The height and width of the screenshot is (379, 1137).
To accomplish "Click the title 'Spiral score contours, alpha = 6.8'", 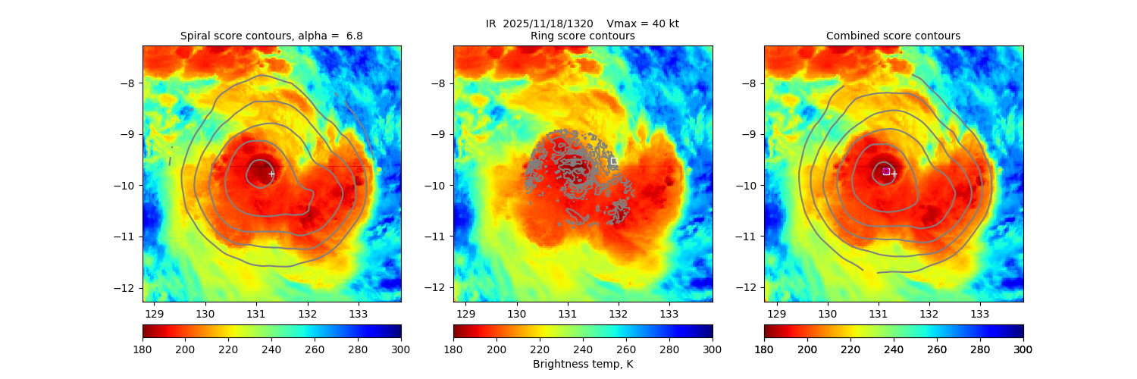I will click(x=272, y=36).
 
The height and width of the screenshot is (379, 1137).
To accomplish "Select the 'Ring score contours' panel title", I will click(x=583, y=36).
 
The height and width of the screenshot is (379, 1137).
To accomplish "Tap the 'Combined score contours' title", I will click(x=893, y=36).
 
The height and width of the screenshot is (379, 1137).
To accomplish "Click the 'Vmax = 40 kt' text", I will click(x=643, y=23).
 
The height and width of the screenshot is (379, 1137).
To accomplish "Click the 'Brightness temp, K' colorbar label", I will click(x=583, y=364).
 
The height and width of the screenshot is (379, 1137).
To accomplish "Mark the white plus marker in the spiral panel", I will click(x=271, y=174).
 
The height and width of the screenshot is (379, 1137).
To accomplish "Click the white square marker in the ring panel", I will click(x=614, y=161).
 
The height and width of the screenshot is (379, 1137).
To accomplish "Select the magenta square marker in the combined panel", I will click(x=885, y=171).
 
